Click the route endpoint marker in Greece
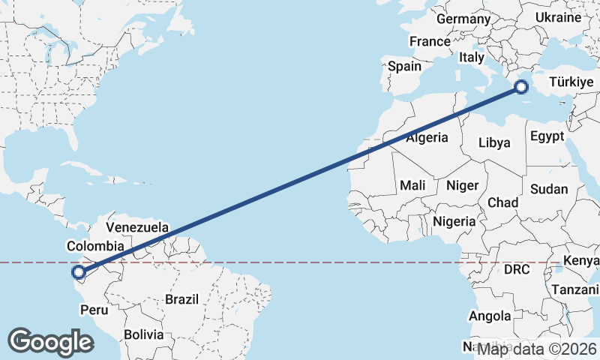[x=521, y=88]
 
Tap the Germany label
[x=462, y=19]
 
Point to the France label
[x=430, y=41]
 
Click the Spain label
[x=404, y=66]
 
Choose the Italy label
[x=472, y=57]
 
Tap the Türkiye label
[x=572, y=82]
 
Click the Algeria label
[x=427, y=138]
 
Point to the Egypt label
[x=546, y=136]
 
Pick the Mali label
[x=412, y=185]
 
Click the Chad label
[x=502, y=202]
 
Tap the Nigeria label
[x=454, y=221]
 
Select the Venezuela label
[x=137, y=226]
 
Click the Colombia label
[x=95, y=246]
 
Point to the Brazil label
[x=182, y=298]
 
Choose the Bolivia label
[x=142, y=334]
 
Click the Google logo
[x=50, y=342]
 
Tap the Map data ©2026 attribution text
[x=537, y=349]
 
